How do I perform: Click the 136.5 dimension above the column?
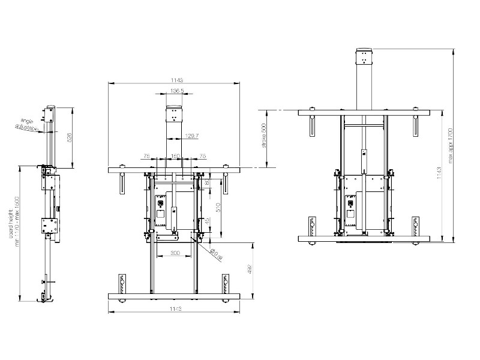pyautogui.click(x=176, y=91)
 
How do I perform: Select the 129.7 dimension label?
pyautogui.click(x=193, y=136)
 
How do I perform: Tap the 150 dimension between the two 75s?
pyautogui.click(x=176, y=155)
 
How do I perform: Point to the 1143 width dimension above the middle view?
pyautogui.click(x=176, y=79)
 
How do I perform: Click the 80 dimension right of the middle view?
pyautogui.click(x=208, y=182)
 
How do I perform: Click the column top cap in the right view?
pyautogui.click(x=364, y=57)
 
